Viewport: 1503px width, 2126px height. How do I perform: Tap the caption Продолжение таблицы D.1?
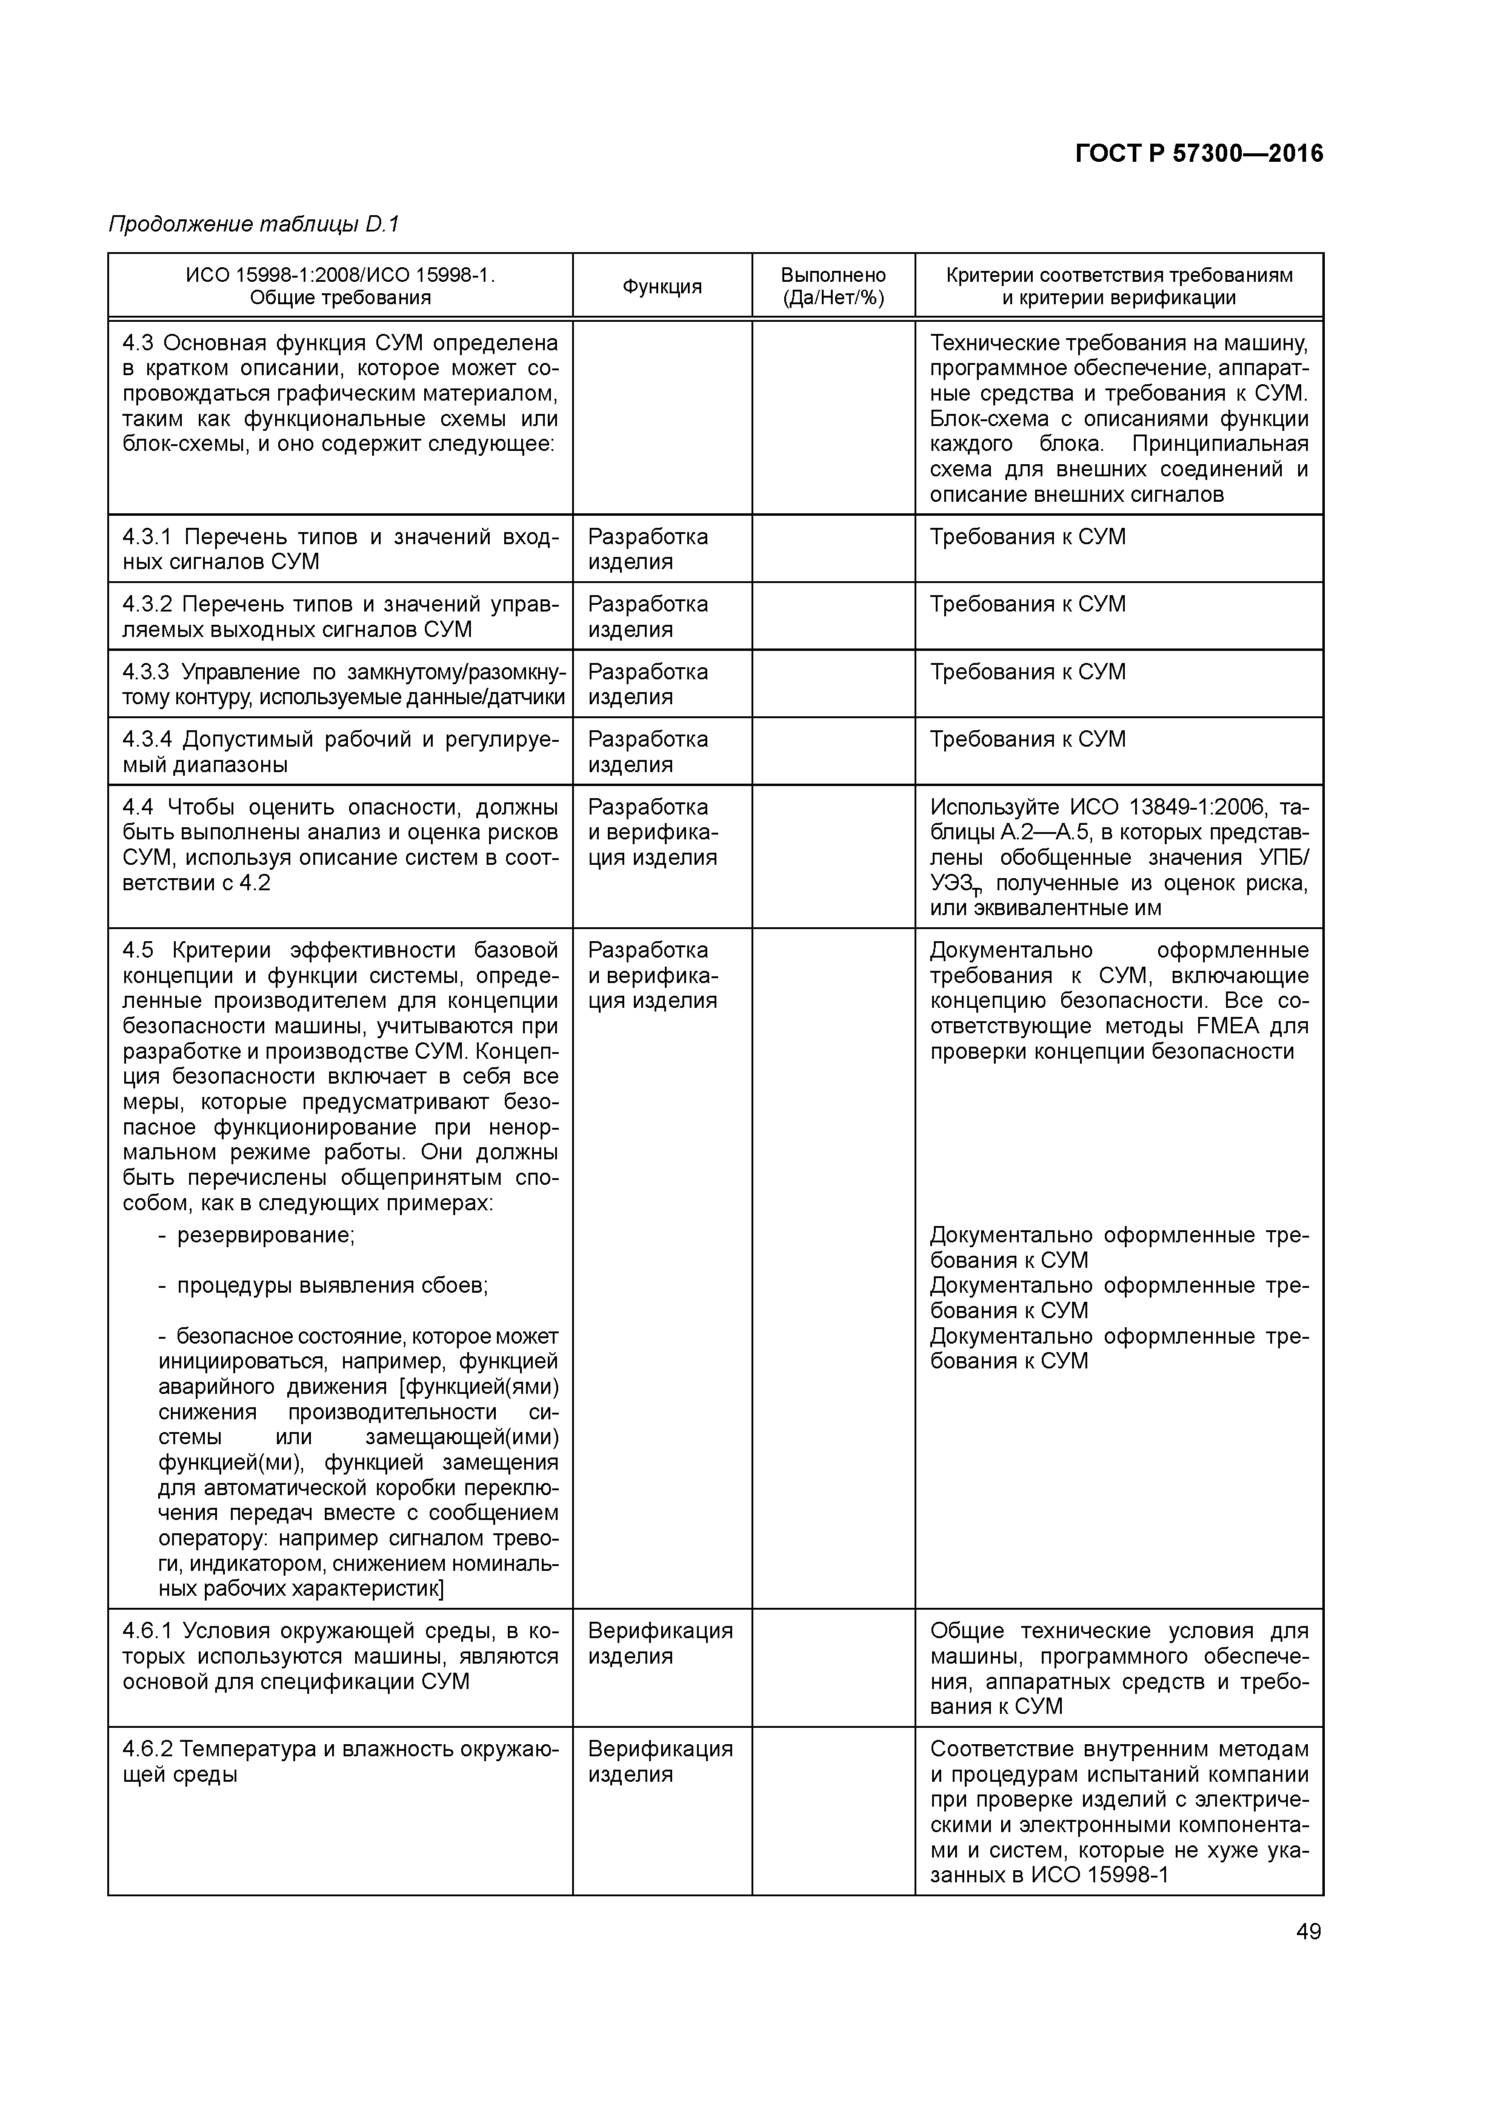click(253, 224)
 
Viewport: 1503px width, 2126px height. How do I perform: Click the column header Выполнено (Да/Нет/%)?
click(833, 286)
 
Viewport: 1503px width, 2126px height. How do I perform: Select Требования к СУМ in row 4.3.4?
click(1027, 739)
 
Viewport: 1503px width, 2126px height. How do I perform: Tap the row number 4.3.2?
click(147, 605)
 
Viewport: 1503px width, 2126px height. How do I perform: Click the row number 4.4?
click(138, 807)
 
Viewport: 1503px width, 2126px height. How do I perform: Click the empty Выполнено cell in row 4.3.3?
click(833, 684)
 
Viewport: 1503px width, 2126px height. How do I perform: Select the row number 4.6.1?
click(147, 1630)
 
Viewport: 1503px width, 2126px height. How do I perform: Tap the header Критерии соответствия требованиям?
click(1119, 275)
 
